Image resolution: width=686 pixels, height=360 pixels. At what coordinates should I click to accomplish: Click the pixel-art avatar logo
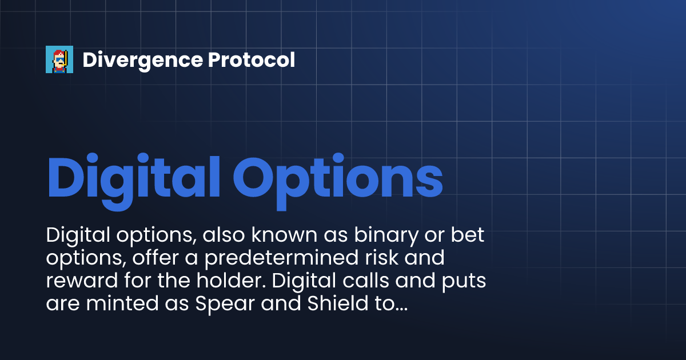(59, 59)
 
